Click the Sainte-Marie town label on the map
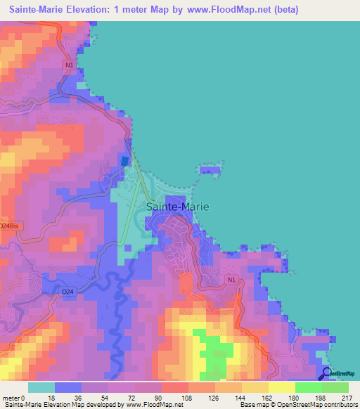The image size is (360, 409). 178,207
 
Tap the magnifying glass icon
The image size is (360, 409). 326,373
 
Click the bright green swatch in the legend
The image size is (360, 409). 309,387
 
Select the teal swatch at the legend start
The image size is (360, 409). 41,387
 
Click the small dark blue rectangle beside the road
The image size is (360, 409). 125,161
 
